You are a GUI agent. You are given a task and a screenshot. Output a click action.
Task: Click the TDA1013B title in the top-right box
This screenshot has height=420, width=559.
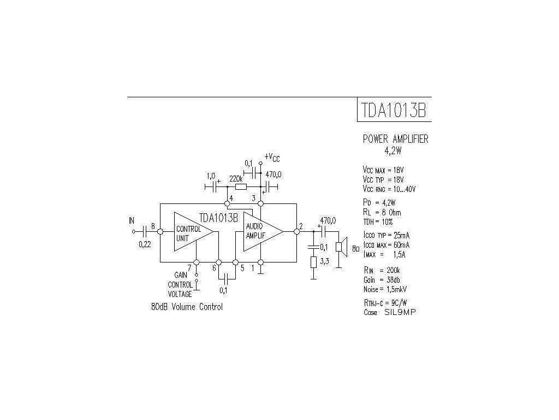click(393, 110)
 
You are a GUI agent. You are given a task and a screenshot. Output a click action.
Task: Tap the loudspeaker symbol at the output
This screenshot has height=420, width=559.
click(339, 247)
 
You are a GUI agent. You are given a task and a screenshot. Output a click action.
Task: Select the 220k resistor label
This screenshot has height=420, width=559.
click(236, 178)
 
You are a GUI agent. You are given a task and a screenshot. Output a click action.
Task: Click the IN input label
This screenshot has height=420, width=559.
click(131, 221)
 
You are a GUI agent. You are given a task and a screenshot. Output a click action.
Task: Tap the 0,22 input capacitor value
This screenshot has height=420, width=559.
click(145, 244)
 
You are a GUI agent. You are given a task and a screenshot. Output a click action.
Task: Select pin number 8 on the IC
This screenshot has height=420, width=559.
click(153, 226)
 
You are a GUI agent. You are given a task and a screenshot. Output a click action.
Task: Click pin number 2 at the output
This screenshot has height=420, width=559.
click(301, 226)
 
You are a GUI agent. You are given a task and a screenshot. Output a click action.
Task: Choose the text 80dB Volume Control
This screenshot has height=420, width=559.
click(187, 307)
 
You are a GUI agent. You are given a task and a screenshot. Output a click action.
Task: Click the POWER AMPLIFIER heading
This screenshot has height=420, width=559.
click(396, 139)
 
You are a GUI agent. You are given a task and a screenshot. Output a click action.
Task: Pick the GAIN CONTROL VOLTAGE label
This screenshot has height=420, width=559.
click(180, 284)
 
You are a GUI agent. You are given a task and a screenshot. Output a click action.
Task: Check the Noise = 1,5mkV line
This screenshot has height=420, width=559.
click(385, 289)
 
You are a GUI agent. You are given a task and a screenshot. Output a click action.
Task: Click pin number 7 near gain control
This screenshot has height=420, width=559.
click(189, 268)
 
